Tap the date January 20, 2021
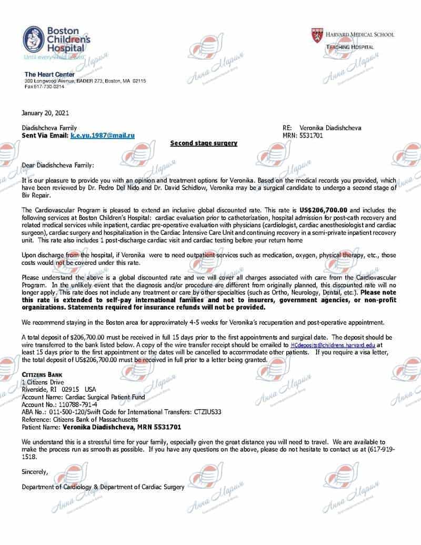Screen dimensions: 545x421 point(45,113)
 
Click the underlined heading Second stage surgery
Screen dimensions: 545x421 point(204,143)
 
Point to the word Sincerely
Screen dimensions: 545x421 point(35,472)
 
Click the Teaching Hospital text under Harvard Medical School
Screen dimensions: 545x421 point(350,47)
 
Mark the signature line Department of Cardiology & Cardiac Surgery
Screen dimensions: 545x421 point(103,487)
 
